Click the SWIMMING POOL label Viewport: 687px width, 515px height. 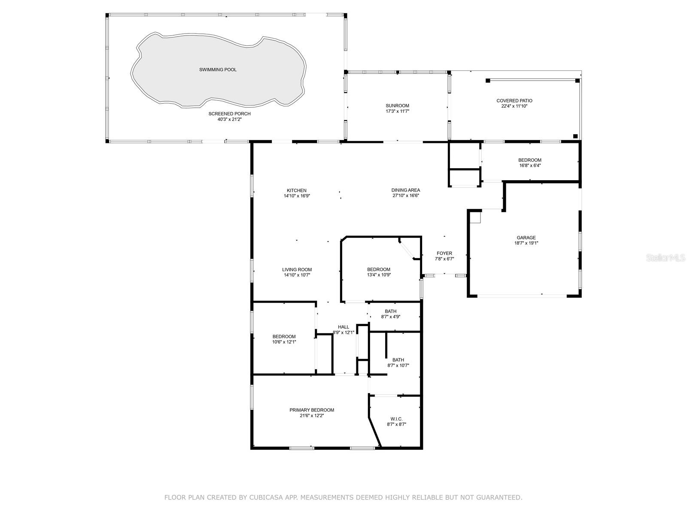pyautogui.click(x=218, y=70)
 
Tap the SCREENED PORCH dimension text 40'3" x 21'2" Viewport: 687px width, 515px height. pyautogui.click(x=229, y=119)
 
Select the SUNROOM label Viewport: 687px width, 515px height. pyautogui.click(x=397, y=106)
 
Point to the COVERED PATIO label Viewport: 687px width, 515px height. pyautogui.click(x=514, y=101)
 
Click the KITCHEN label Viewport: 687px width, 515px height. pyautogui.click(x=296, y=191)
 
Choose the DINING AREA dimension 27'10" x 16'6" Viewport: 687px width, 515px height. pyautogui.click(x=406, y=196)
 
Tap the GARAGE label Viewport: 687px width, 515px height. pyautogui.click(x=526, y=238)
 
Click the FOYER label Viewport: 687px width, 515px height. pyautogui.click(x=444, y=253)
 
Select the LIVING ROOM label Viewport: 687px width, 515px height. pyautogui.click(x=297, y=270)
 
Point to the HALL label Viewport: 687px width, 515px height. pyautogui.click(x=343, y=327)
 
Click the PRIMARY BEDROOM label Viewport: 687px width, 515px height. pyautogui.click(x=312, y=410)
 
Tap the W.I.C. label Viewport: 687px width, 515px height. pyautogui.click(x=397, y=419)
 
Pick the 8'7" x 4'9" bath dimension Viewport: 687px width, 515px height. pyautogui.click(x=391, y=317)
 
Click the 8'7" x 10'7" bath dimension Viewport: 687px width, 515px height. pyautogui.click(x=398, y=365)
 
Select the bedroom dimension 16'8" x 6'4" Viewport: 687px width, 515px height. pyautogui.click(x=529, y=165)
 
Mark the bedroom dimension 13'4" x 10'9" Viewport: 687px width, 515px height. pyautogui.click(x=379, y=275)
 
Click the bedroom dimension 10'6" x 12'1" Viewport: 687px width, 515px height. pyautogui.click(x=284, y=342)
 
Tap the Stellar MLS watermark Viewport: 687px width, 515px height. pyautogui.click(x=666, y=257)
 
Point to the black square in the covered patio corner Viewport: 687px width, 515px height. pyautogui.click(x=575, y=136)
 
